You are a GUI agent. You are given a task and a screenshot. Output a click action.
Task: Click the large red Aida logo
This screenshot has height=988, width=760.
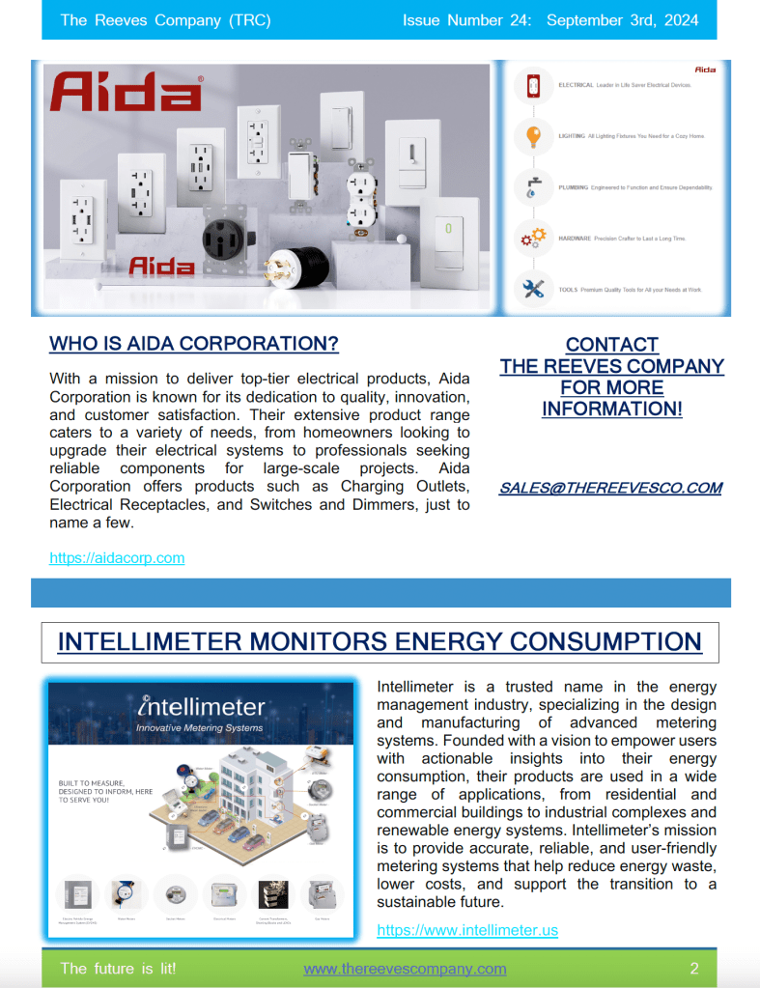click(x=126, y=92)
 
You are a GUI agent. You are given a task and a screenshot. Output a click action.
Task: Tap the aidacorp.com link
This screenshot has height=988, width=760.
click(x=117, y=557)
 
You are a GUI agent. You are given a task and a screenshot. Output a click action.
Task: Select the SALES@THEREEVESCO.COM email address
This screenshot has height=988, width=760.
click(x=610, y=488)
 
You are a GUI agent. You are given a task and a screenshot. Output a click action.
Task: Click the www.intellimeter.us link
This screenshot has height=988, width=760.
click(x=467, y=930)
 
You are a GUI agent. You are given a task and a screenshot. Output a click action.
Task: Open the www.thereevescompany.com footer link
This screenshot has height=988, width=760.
click(x=405, y=968)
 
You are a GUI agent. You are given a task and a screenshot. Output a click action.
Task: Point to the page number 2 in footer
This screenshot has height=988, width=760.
click(x=693, y=968)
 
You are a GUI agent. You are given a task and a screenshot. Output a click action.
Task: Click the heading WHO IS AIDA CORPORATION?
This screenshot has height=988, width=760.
click(x=194, y=344)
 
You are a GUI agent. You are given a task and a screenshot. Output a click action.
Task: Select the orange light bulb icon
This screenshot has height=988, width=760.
click(x=532, y=136)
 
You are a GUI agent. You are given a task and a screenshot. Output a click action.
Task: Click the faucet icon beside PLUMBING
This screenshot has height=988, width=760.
click(x=532, y=186)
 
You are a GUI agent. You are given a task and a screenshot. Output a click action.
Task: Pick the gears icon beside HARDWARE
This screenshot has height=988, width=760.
click(x=532, y=238)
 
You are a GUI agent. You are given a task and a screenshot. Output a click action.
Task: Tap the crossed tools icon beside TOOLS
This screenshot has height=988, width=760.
click(x=532, y=288)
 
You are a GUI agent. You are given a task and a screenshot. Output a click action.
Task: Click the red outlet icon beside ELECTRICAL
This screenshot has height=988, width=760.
click(x=532, y=86)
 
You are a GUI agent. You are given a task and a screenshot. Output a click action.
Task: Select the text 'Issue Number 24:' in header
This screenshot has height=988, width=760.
click(x=466, y=19)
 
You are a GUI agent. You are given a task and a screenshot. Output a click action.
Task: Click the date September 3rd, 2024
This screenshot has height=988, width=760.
click(x=623, y=19)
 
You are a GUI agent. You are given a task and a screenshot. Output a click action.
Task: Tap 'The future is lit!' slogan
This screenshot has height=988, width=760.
click(x=118, y=968)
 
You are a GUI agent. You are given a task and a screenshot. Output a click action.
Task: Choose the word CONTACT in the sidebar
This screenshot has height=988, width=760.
click(x=611, y=345)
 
